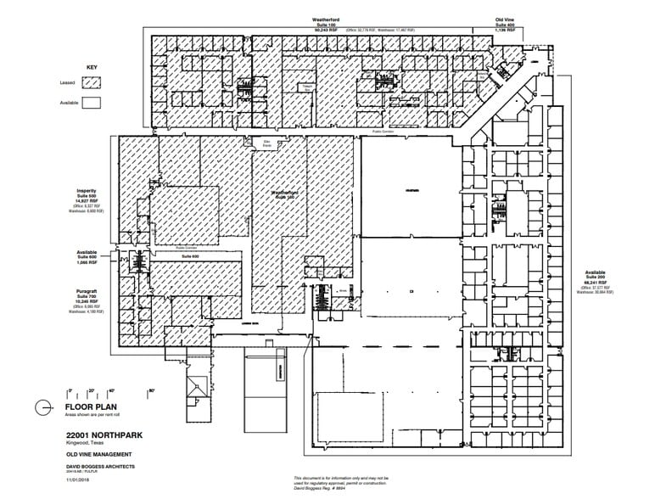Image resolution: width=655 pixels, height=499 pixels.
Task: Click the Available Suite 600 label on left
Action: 87,256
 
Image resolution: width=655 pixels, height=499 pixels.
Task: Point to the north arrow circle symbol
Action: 43,408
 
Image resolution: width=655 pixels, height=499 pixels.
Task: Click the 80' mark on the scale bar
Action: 153,391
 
